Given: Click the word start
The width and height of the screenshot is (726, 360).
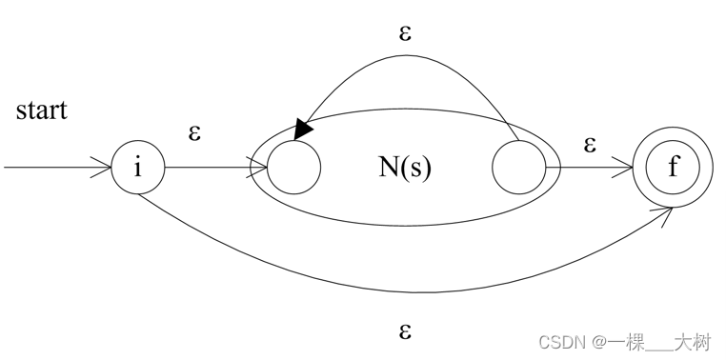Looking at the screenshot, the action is click(41, 110).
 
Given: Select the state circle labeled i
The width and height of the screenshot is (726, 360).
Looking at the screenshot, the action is click(138, 169).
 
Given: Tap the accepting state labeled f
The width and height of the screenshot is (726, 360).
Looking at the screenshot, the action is click(673, 169).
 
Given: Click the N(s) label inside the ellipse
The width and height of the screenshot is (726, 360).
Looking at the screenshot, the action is click(405, 168).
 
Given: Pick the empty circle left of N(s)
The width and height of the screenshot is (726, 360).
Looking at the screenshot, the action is click(294, 168).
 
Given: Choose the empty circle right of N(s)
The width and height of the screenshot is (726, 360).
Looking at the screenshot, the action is click(518, 168).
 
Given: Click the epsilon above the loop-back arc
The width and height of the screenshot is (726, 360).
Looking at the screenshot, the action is click(405, 33).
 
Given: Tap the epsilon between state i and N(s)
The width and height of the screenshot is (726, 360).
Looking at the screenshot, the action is click(194, 132).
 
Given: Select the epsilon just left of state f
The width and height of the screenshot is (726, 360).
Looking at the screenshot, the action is click(590, 144).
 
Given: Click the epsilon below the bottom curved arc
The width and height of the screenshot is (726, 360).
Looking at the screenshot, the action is click(405, 331).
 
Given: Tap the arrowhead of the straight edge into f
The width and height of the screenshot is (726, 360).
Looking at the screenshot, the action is click(627, 169).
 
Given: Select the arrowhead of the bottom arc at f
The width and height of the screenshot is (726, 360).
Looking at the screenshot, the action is click(664, 210).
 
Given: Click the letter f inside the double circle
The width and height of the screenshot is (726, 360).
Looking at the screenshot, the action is click(673, 169).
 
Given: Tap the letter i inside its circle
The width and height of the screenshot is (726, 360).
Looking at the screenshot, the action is click(138, 169).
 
